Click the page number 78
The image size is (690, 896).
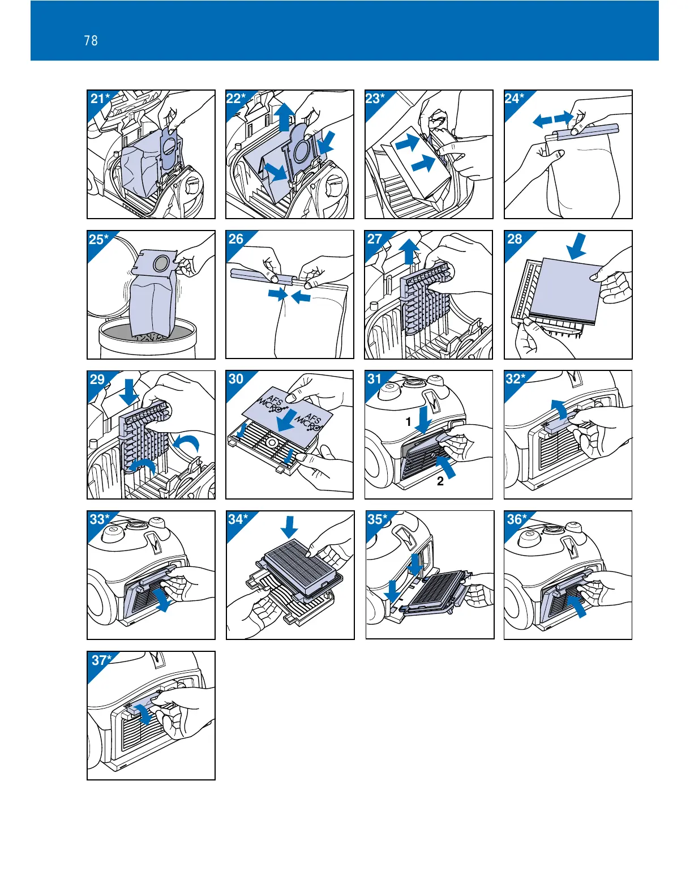click(91, 40)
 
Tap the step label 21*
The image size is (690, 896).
click(100, 99)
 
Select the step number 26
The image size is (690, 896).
click(236, 238)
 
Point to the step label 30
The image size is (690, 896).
click(236, 379)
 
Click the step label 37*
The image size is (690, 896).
click(102, 660)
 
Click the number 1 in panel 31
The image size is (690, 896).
click(408, 422)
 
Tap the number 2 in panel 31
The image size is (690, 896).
click(440, 482)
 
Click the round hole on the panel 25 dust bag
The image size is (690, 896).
click(162, 262)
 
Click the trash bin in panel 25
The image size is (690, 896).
click(148, 340)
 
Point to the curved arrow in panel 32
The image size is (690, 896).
click(558, 408)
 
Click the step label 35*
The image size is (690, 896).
click(378, 519)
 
